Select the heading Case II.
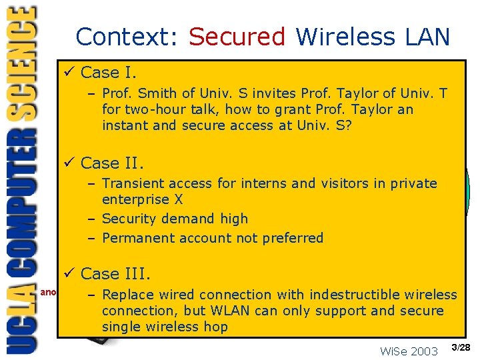tap(112, 163)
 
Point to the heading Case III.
tap(115, 273)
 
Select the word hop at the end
tap(214, 327)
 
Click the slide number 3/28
tap(461, 347)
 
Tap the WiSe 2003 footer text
tap(409, 351)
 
